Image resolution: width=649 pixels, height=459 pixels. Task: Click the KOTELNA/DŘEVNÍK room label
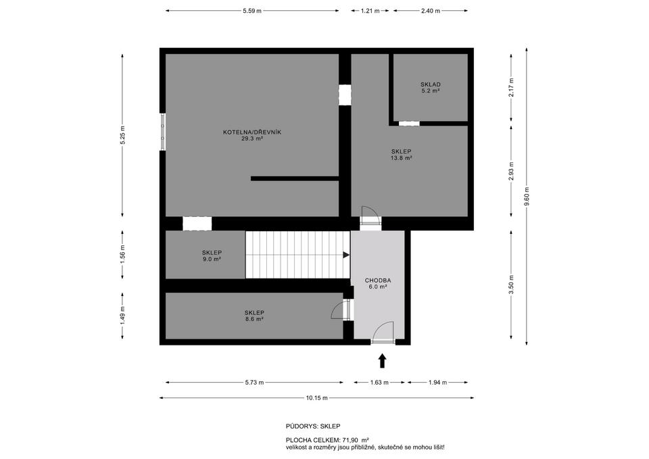[252, 135]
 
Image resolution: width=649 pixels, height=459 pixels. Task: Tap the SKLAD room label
[431, 87]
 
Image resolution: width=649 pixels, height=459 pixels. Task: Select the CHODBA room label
[377, 283]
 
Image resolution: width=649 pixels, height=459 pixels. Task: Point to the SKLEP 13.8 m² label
[401, 154]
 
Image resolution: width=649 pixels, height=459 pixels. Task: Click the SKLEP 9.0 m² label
[212, 256]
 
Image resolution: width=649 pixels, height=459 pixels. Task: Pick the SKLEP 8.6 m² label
[254, 316]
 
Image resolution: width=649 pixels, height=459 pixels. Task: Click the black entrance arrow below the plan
[383, 360]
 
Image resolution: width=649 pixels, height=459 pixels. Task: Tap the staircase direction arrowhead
[346, 255]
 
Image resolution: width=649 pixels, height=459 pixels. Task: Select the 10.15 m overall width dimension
[316, 398]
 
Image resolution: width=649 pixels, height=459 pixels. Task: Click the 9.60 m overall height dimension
[527, 196]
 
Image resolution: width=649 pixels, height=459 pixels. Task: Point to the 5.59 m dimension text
[252, 11]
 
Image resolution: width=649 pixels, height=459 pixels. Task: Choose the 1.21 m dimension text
[370, 11]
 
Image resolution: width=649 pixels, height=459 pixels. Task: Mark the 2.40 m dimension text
[431, 11]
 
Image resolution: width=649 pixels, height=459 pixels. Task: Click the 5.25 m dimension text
[122, 135]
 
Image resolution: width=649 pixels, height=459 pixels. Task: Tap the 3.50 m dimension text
[512, 285]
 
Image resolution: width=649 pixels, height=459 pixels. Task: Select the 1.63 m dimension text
[379, 383]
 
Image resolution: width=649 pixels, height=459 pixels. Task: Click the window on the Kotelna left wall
[163, 132]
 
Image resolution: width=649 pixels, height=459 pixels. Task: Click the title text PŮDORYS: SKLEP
[313, 427]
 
